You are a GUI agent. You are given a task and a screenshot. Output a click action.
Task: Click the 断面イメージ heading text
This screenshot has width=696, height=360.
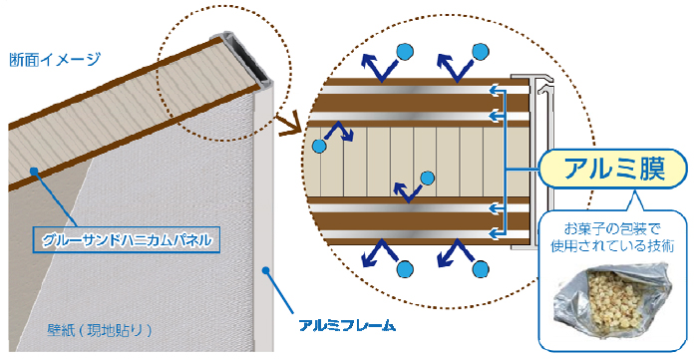55,59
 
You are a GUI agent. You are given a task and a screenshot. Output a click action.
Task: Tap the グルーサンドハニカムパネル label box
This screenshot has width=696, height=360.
126,240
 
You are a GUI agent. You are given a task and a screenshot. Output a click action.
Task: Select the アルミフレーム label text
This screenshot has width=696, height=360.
346,325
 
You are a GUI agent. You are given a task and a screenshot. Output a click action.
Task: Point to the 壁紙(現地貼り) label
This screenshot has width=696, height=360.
100,330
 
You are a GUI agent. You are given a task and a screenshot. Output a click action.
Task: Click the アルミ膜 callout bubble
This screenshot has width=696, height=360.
613,170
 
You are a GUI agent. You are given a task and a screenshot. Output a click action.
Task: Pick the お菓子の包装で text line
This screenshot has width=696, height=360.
612,229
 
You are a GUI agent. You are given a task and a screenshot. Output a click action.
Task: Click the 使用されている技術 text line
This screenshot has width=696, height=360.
612,246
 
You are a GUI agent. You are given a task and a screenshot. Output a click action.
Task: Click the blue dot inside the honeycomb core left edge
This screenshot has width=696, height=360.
319,146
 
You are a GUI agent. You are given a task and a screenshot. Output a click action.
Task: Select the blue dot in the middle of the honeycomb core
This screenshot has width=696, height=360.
427,178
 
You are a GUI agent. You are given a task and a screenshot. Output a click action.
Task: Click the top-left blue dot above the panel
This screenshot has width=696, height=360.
405,53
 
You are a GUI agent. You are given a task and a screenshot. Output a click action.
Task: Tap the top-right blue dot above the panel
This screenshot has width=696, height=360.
481,52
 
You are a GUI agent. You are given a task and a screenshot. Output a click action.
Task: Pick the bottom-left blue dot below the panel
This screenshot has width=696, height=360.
405,269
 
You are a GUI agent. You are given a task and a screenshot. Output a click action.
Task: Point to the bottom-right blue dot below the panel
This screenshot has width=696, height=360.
481,269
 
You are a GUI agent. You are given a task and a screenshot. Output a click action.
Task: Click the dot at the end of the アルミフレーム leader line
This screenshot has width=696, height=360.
265,270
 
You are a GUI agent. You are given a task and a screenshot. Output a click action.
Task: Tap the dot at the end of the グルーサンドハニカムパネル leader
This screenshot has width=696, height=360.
32,171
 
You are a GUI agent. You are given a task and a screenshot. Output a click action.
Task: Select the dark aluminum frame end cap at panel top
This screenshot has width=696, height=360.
247,58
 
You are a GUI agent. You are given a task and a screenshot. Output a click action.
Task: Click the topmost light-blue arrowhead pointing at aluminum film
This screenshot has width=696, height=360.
492,90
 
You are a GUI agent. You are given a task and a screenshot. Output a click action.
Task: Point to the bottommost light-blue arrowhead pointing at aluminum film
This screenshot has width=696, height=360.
492,232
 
